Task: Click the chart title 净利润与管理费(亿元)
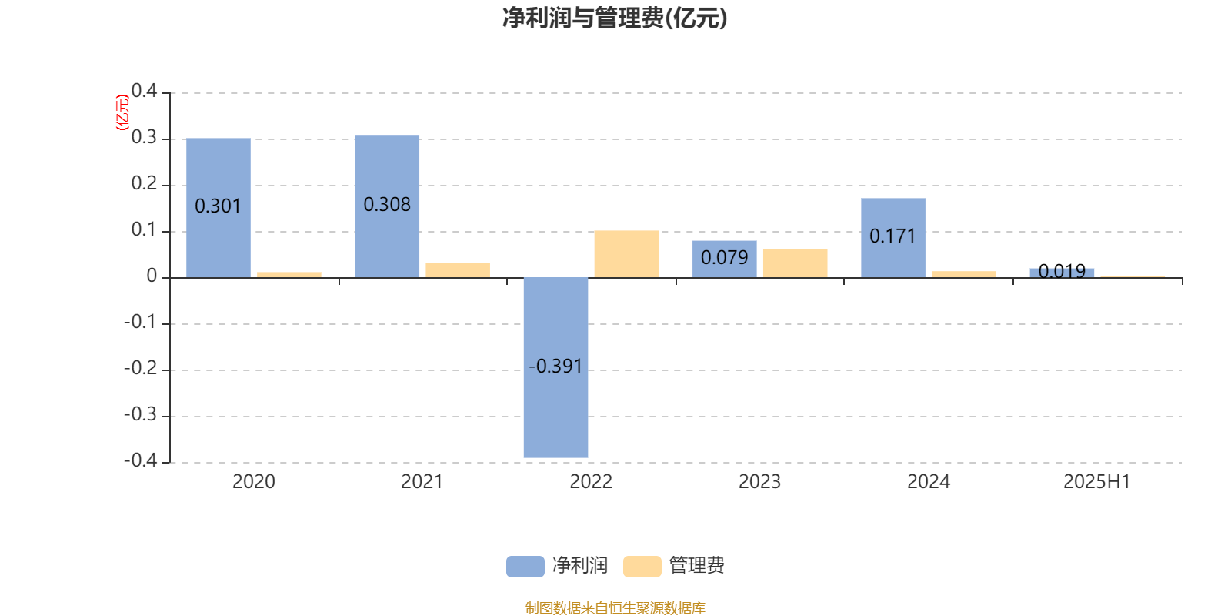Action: pyautogui.click(x=615, y=18)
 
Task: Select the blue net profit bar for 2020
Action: pyautogui.click(x=219, y=208)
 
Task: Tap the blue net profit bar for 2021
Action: pyautogui.click(x=387, y=206)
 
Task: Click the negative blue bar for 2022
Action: pyautogui.click(x=555, y=367)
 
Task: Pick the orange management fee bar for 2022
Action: pyautogui.click(x=626, y=254)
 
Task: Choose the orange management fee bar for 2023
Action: pyautogui.click(x=796, y=263)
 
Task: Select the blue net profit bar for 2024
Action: pyautogui.click(x=893, y=238)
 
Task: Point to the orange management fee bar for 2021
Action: pyautogui.click(x=458, y=270)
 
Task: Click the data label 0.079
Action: pyautogui.click(x=724, y=257)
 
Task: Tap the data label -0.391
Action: pyautogui.click(x=555, y=367)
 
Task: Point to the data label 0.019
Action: pyautogui.click(x=1062, y=271)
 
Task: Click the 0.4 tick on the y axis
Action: pyautogui.click(x=144, y=91)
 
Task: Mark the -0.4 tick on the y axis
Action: pyautogui.click(x=141, y=460)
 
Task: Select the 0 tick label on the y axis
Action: pyautogui.click(x=152, y=276)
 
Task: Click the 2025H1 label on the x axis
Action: pyautogui.click(x=1097, y=482)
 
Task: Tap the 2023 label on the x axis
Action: pyautogui.click(x=759, y=482)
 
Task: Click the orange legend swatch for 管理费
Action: pyautogui.click(x=642, y=567)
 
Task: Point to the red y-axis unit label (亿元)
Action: pyautogui.click(x=122, y=112)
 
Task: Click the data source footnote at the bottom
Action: pyautogui.click(x=615, y=608)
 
